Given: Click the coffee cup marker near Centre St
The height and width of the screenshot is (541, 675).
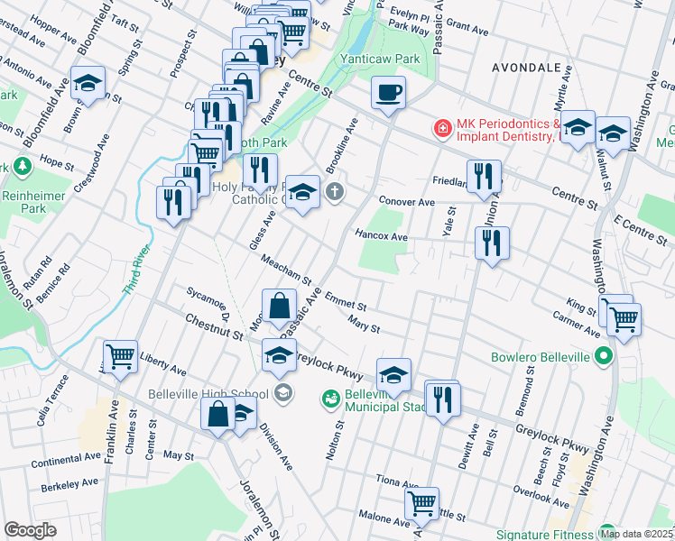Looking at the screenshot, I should [388, 93].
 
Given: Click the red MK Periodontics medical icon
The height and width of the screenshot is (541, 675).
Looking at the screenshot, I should [442, 129].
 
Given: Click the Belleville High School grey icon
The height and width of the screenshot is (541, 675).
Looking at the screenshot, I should [283, 392].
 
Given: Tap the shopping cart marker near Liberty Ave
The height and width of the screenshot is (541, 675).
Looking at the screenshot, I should [120, 357].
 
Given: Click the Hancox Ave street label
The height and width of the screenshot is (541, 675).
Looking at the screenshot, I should [382, 237].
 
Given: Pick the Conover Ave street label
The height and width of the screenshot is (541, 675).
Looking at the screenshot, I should [407, 202].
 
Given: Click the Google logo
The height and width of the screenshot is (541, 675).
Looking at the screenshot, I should [30, 530].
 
